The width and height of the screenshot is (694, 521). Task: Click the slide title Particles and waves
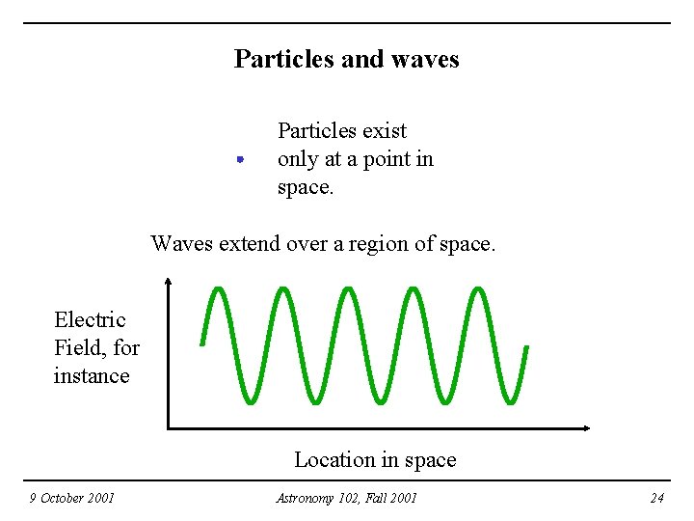coord(346,59)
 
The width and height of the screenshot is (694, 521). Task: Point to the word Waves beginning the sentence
coord(182,244)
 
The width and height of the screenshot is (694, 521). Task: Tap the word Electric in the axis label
coord(90,319)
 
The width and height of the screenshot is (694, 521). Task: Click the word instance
coord(92,375)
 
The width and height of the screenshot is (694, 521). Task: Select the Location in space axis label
coord(375,460)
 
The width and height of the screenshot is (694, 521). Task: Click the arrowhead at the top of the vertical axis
coord(168,282)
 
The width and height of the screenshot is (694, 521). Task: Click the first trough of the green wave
coord(252,399)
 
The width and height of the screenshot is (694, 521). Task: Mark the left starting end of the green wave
coord(202,343)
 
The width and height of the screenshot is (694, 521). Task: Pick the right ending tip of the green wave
coord(526,347)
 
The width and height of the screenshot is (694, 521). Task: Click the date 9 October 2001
coord(71,498)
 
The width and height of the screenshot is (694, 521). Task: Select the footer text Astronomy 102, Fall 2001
coord(346,498)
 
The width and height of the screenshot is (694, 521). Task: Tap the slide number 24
coord(656,498)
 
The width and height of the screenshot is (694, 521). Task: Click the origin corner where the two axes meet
coord(169,426)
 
